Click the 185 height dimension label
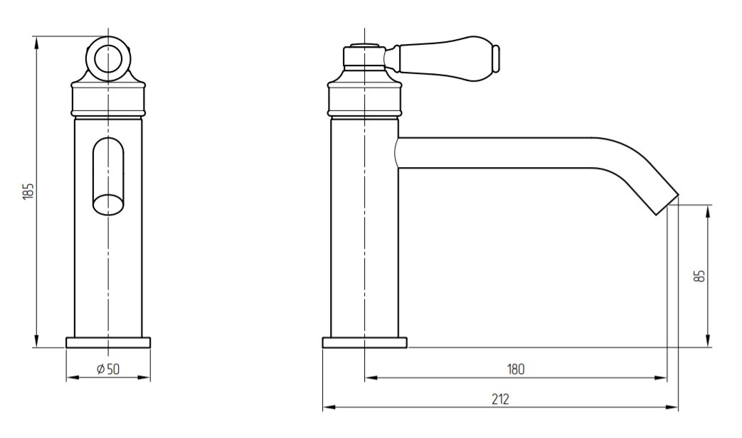coord(29,191)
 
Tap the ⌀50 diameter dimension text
coord(108,369)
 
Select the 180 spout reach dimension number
coord(516,369)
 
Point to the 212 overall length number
coord(500,399)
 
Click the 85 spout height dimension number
coord(701,276)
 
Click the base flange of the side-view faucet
coord(364,343)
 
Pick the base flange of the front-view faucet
coord(108,343)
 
